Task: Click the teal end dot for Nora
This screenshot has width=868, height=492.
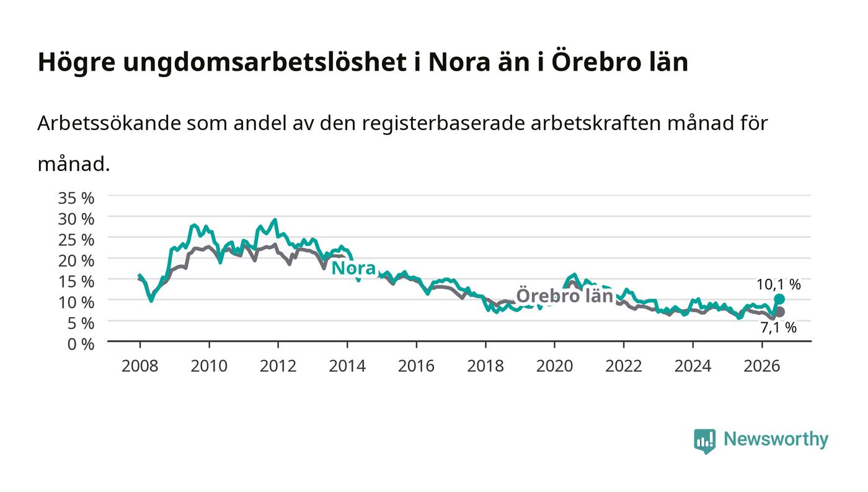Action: point(779,299)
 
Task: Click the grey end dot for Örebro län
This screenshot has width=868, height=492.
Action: point(780,312)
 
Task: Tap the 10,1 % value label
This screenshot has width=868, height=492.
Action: point(779,285)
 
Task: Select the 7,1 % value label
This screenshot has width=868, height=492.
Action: point(779,328)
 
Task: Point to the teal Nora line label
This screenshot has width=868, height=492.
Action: point(354,268)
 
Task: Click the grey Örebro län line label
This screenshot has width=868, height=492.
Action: point(565,296)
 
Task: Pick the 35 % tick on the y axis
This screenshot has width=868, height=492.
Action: point(76,198)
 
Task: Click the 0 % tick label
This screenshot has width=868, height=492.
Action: point(81,344)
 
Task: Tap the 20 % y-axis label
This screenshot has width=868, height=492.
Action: point(76,261)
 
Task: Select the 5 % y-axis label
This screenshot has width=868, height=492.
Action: point(81,323)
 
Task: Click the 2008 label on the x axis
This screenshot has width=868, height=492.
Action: point(140,366)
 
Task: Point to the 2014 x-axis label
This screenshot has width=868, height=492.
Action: point(347,366)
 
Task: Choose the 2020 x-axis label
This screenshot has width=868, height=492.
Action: point(554,366)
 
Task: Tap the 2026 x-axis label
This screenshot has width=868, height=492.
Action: point(762,366)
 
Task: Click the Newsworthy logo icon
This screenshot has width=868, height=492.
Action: point(704,441)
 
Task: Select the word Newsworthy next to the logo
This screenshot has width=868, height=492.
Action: point(776,439)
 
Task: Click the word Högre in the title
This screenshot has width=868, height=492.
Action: point(76,63)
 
